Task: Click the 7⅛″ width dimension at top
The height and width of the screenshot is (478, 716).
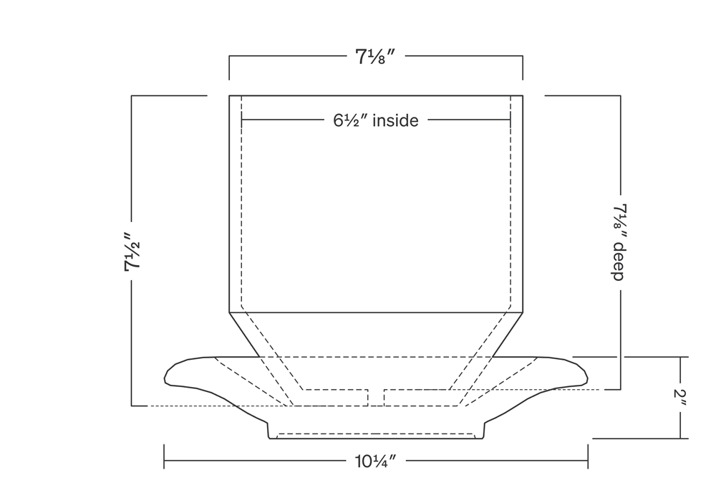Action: coord(375,57)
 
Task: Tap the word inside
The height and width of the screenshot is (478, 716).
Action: coord(395,120)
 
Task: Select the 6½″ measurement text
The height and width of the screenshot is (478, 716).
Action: coord(351,120)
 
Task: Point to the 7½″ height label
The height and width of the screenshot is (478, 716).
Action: coord(132,252)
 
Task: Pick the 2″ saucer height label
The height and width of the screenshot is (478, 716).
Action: coord(680,399)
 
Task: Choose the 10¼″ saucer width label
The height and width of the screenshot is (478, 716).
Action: coord(375,461)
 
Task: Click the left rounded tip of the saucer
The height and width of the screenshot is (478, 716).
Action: coord(165,378)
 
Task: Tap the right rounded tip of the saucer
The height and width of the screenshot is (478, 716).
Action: coord(587,378)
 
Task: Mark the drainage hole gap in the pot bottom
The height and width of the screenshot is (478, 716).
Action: coord(376,398)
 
